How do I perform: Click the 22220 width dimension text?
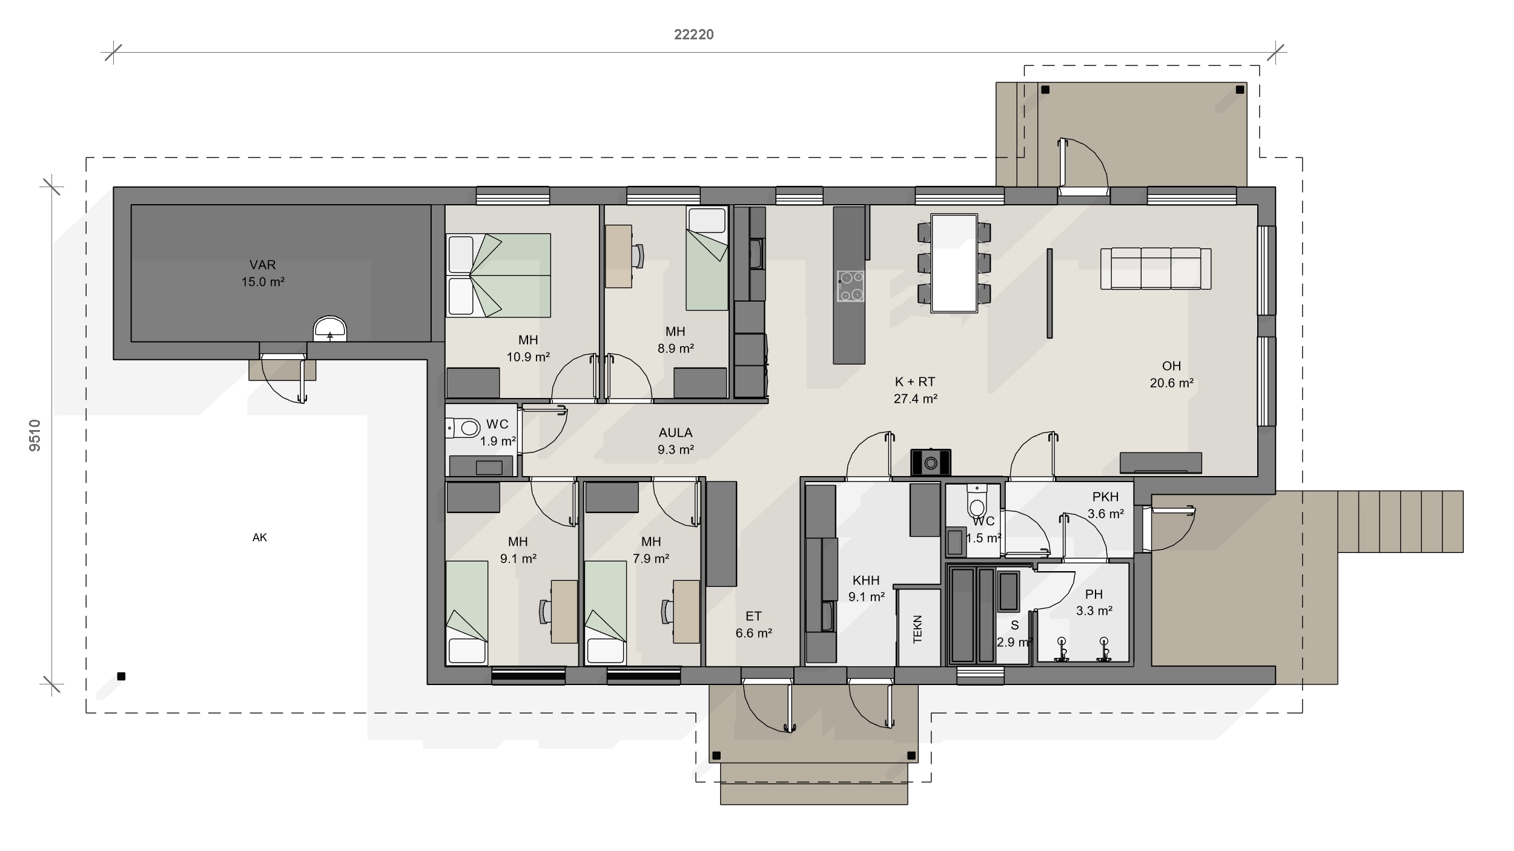(693, 35)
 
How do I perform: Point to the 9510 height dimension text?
(35, 435)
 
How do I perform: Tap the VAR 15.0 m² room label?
(263, 273)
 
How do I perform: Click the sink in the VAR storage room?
(329, 329)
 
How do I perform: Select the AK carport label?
(260, 537)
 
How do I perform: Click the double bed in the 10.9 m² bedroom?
(498, 276)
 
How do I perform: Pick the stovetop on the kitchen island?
(850, 286)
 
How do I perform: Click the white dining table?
(954, 263)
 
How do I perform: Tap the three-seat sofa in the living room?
(1155, 268)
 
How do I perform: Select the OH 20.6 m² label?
(1171, 374)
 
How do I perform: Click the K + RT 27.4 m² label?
(915, 390)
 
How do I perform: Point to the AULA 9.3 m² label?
(675, 441)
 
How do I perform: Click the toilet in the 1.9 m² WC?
(464, 429)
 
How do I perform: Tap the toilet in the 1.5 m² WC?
(977, 500)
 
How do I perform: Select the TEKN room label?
(917, 629)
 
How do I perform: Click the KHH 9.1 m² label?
(866, 588)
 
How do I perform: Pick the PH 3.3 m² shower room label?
(1094, 602)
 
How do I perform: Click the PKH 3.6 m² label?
(1106, 505)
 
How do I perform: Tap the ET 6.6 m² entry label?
(753, 624)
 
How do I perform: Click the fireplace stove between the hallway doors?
(931, 462)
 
